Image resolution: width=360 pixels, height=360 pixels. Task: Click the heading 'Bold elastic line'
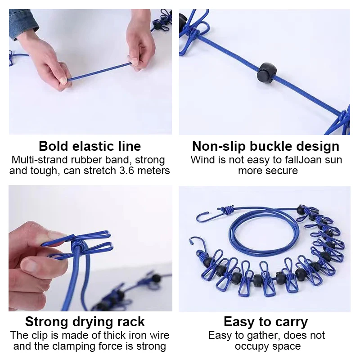90,146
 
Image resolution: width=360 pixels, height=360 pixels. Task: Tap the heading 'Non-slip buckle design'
265,146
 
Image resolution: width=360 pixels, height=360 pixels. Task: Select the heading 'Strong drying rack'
85,322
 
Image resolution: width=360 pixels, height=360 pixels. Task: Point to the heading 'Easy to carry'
265,322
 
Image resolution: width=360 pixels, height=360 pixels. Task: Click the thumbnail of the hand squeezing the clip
90,248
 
